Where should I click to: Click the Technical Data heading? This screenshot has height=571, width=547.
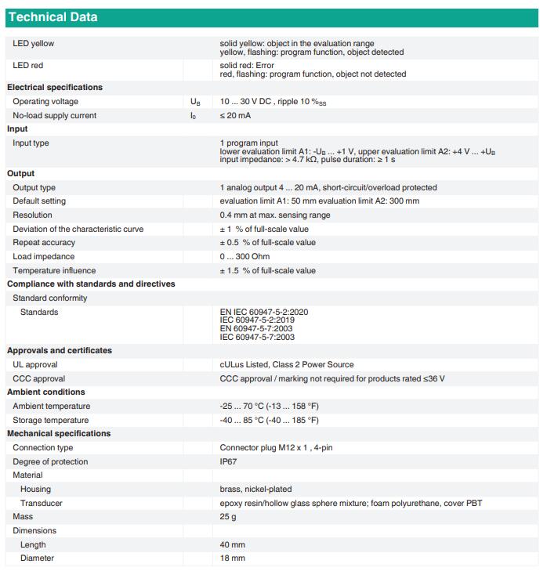53,17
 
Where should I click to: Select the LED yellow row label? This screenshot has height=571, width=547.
33,44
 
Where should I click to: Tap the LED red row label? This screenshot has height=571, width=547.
28,66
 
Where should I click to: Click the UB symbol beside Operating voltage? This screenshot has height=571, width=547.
195,102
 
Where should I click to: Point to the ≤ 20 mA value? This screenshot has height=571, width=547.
236,116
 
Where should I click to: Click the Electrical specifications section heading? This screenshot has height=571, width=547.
55,88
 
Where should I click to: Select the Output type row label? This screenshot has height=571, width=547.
34,188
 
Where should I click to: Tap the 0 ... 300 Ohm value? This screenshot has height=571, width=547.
245,257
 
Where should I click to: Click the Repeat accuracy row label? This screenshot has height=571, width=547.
44,243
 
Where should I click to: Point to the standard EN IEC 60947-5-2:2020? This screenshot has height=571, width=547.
264,312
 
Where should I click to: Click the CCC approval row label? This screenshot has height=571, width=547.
38,378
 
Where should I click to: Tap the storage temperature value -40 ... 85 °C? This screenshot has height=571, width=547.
269,421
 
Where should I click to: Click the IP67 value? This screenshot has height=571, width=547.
229,462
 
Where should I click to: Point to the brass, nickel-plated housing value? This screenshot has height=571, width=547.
255,490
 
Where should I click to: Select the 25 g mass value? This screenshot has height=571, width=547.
228,517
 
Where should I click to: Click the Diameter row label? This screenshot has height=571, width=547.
37,558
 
